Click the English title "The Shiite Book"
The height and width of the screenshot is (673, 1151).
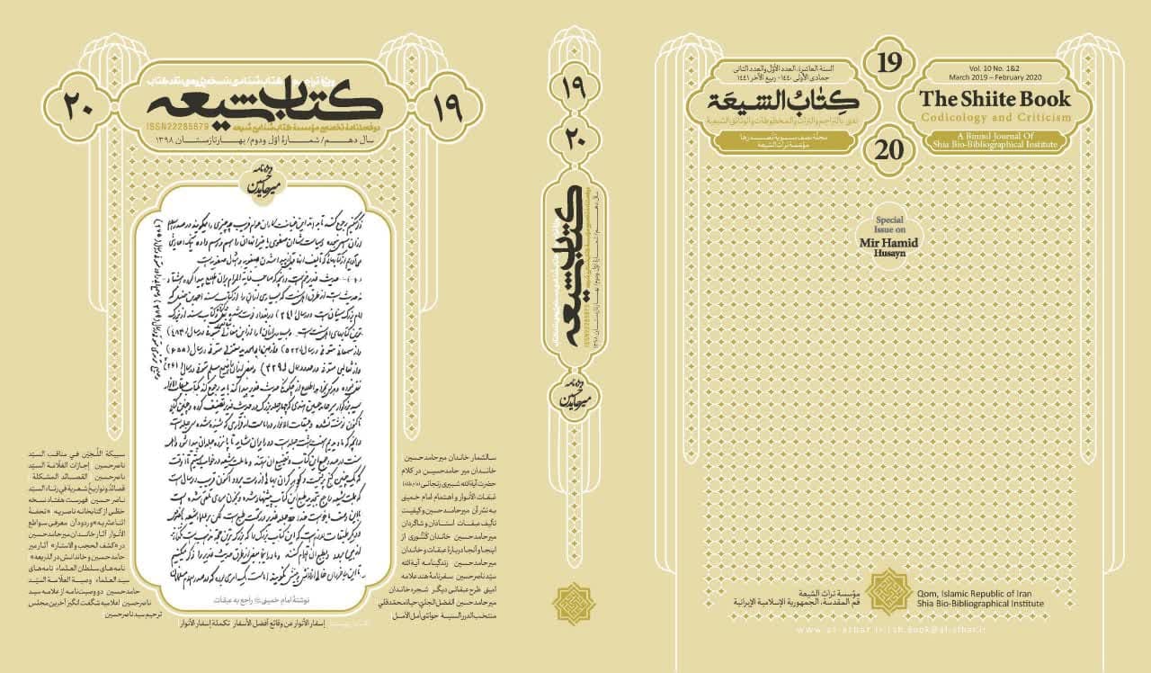click(x=994, y=100)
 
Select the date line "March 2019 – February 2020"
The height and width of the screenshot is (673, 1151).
click(x=994, y=77)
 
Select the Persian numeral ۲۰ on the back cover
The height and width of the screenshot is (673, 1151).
click(x=83, y=105)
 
